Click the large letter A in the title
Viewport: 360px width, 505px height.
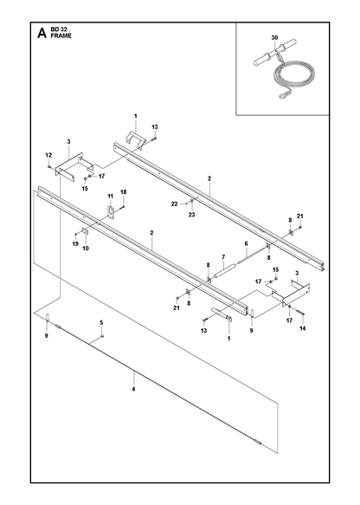point(42,33)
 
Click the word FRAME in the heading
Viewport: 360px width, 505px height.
point(61,36)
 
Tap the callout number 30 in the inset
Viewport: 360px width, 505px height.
point(274,38)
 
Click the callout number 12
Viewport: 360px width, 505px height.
point(48,155)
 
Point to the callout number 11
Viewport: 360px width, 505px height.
point(111,196)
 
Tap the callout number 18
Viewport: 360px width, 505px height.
point(124,192)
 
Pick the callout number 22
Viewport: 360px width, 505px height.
point(174,204)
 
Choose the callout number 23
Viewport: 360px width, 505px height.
point(192,215)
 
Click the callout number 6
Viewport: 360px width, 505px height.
point(246,243)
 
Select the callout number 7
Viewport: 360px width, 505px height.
point(223,256)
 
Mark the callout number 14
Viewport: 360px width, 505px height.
point(302,328)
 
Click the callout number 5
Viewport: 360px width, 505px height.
point(101,322)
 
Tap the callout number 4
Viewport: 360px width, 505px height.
point(133,389)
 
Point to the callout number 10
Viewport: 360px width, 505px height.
point(86,249)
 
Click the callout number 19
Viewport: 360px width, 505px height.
point(75,243)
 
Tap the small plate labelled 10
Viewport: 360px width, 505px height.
point(85,230)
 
